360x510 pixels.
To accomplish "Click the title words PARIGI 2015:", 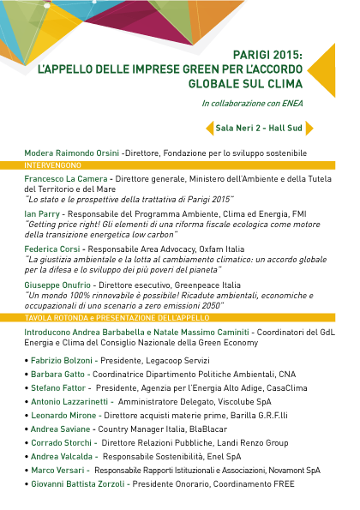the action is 267,55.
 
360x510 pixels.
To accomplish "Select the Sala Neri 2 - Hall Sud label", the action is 259,129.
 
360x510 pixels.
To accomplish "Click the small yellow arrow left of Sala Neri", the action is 210,129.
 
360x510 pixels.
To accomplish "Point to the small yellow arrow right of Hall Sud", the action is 309,129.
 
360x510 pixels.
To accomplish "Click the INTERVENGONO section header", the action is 52,165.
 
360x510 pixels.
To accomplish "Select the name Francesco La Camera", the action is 66,179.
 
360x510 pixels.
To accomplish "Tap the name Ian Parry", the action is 42,214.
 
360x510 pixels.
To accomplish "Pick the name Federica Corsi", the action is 52,249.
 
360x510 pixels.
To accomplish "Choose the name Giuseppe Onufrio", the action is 57,285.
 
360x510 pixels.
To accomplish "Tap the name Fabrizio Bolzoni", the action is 62,361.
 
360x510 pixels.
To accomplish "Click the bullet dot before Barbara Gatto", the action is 27,375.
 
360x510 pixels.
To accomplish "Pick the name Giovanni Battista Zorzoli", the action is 78,484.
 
